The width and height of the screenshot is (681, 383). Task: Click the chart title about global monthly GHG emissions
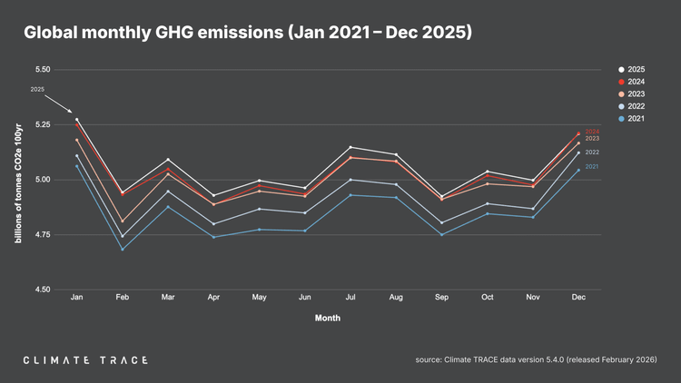click(248, 33)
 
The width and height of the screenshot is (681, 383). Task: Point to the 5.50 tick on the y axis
click(41, 69)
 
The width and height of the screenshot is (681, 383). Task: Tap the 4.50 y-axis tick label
click(41, 290)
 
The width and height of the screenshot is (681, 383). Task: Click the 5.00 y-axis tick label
click(41, 180)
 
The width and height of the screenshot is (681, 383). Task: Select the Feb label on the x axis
click(122, 298)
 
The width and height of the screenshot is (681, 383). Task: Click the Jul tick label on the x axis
click(350, 298)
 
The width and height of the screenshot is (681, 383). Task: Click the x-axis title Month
click(328, 319)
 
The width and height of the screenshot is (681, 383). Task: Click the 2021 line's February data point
click(122, 249)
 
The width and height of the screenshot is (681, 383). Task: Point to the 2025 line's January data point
click(76, 120)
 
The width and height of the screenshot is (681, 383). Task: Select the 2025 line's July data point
click(350, 147)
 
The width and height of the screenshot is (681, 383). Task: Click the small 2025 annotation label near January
click(37, 89)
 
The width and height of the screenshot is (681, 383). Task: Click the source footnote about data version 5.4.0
click(536, 360)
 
